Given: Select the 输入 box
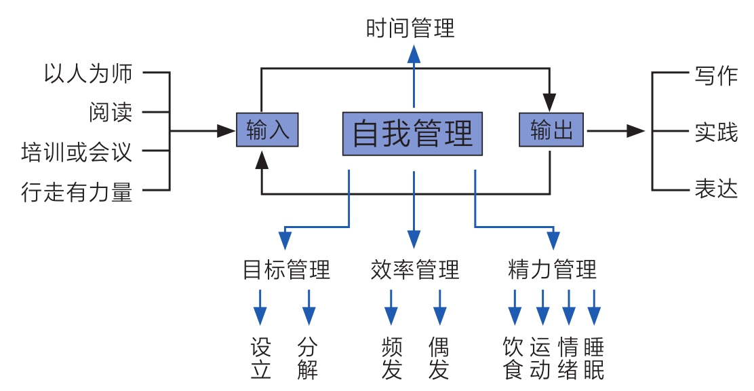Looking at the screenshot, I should [x=267, y=130].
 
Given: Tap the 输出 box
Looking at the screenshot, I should [x=551, y=130].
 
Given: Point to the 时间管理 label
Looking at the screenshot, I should [x=410, y=29].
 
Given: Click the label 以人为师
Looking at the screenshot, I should [x=87, y=73].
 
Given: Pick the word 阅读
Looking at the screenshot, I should [x=111, y=112].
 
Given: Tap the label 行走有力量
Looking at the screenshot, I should [x=77, y=192].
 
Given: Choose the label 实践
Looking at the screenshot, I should [x=715, y=132].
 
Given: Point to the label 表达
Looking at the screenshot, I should [x=715, y=189].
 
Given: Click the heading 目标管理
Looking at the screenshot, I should [x=286, y=270].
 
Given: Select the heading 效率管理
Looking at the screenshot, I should [x=415, y=270].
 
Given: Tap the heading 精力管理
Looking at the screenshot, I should [x=552, y=270].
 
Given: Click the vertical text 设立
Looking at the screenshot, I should [x=260, y=359].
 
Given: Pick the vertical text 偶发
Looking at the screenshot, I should [x=439, y=359].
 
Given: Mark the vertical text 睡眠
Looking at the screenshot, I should [x=593, y=359].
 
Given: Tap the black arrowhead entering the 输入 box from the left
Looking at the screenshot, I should [x=226, y=130].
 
